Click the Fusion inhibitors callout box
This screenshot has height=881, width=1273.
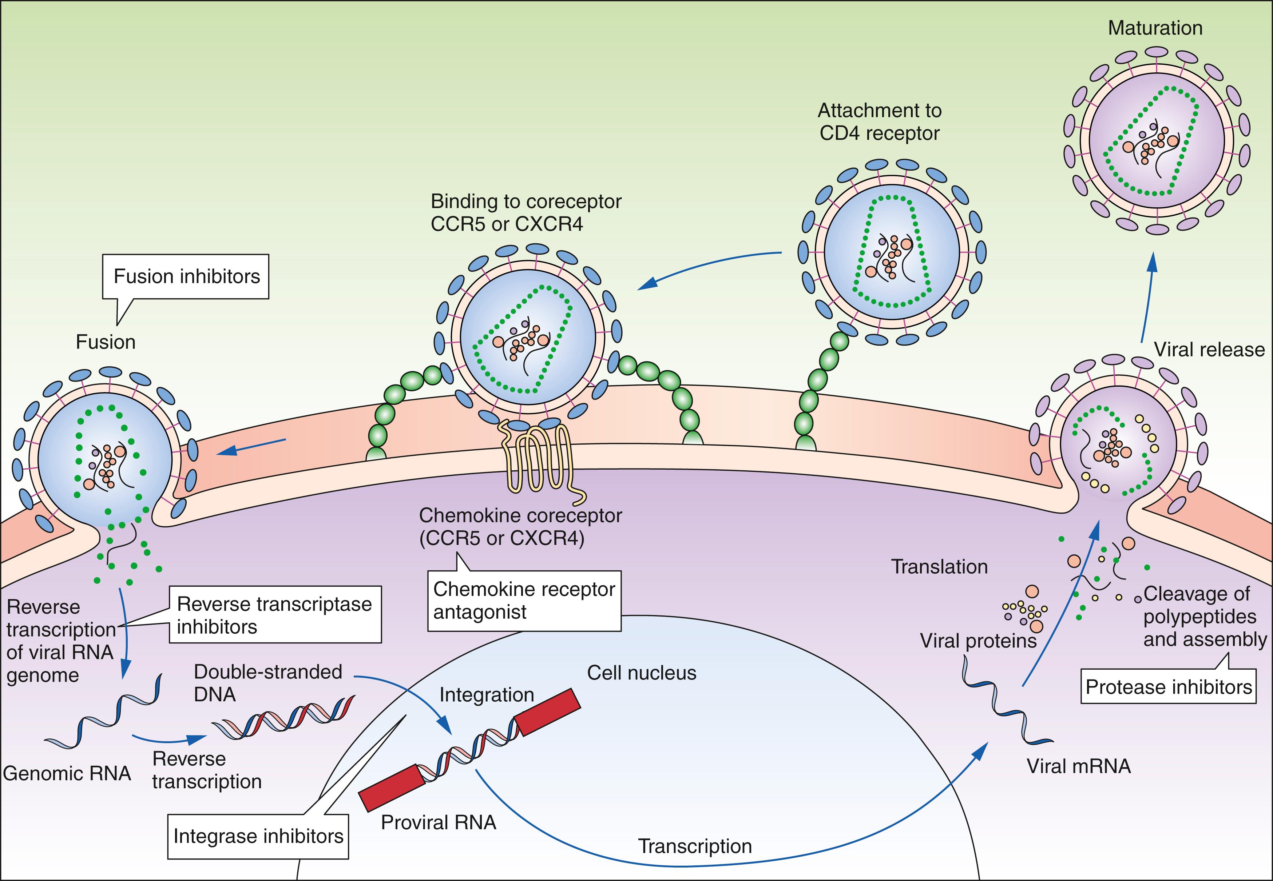186,276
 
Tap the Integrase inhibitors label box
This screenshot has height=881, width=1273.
258,836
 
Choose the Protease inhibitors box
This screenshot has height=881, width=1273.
1168,687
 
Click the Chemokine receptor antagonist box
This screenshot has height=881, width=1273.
524,601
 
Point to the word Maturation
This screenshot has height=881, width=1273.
1155,28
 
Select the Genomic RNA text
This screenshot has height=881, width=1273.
67,773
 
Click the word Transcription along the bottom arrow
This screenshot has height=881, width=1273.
695,846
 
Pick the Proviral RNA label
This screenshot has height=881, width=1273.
439,822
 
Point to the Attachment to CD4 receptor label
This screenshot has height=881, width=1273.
879,122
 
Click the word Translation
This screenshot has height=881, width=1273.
939,567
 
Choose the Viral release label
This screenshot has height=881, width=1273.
1209,350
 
